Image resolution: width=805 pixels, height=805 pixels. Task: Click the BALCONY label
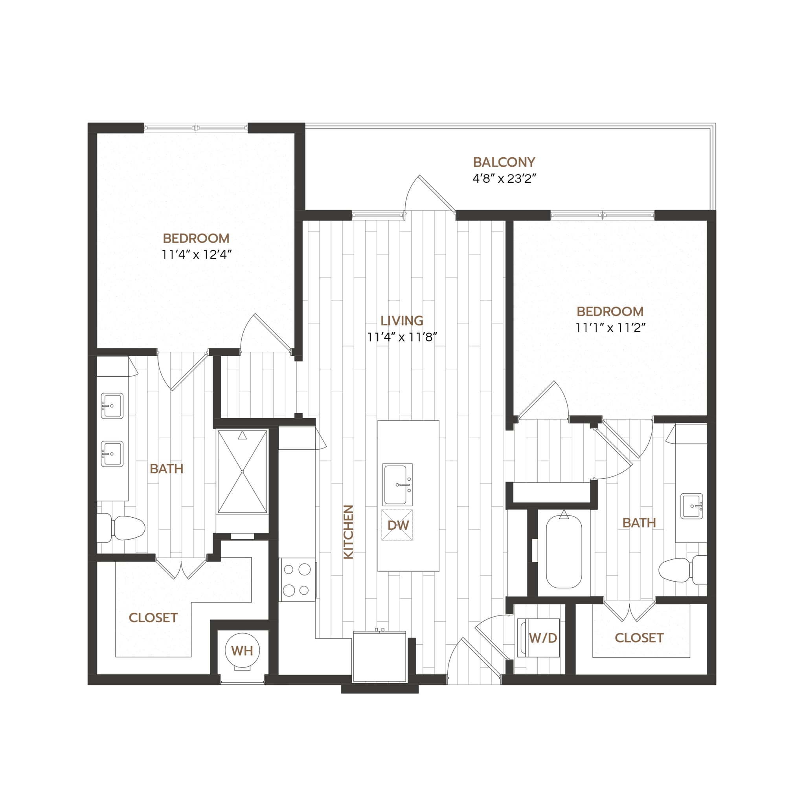click(x=504, y=162)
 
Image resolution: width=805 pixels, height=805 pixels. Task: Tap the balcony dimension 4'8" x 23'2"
click(x=504, y=179)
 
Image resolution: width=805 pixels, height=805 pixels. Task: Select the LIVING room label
click(x=402, y=320)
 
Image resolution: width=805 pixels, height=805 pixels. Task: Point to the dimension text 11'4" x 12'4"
click(x=196, y=254)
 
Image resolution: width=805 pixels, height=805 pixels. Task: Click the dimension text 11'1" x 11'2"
click(x=610, y=328)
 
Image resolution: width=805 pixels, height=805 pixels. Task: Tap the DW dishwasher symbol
click(x=397, y=525)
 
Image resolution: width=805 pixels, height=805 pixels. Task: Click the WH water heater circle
click(x=242, y=651)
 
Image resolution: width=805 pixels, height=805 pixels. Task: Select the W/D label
click(x=543, y=638)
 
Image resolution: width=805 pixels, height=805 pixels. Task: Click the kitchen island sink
click(x=398, y=484)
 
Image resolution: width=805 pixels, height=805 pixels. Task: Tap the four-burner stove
click(x=297, y=580)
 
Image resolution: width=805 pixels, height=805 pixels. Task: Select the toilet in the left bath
click(x=122, y=527)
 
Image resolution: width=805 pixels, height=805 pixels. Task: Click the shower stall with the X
click(x=243, y=471)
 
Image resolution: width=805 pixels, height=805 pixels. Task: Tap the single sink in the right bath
click(x=692, y=506)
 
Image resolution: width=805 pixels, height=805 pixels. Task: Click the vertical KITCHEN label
click(x=348, y=532)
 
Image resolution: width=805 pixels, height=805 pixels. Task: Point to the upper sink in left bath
click(x=112, y=405)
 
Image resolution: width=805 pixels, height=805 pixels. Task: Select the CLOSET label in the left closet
click(x=153, y=618)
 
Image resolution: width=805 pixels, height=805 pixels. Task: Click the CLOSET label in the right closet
click(x=639, y=638)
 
